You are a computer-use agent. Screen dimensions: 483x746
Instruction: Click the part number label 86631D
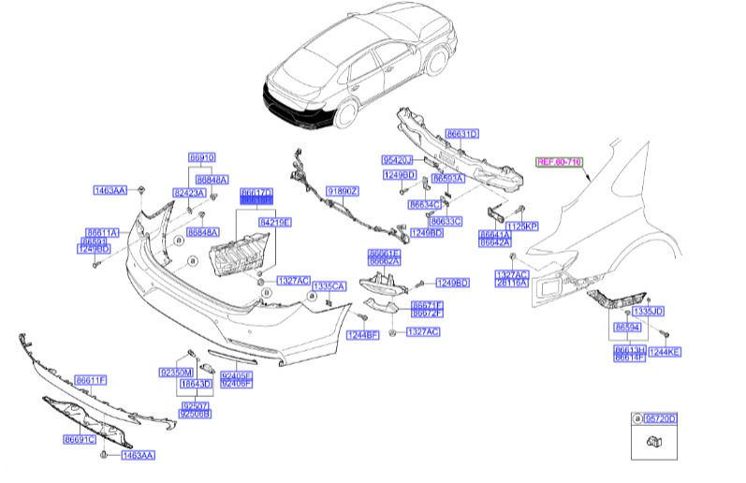coord(461,134)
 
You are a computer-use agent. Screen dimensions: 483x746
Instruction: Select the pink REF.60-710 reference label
coord(559,162)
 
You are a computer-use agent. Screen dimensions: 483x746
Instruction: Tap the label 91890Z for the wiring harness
coord(343,191)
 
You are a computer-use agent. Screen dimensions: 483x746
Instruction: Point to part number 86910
coord(201,157)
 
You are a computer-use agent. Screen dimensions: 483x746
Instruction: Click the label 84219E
coord(275,222)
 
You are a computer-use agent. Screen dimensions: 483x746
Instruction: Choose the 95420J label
coord(397,160)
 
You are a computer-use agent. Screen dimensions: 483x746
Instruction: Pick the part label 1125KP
coord(522,227)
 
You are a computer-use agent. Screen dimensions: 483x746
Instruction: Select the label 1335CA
coord(329,285)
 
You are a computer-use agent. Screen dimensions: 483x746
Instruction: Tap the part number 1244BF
coord(363,334)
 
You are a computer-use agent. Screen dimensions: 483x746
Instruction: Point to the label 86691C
coord(80,439)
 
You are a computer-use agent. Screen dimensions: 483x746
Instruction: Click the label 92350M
coord(175,371)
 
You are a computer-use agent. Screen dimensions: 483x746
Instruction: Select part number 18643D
coord(196,384)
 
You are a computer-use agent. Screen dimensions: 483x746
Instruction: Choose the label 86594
coord(627,327)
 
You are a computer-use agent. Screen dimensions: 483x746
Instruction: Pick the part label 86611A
coord(101,231)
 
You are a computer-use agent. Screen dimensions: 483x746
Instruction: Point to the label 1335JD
coord(648,310)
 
